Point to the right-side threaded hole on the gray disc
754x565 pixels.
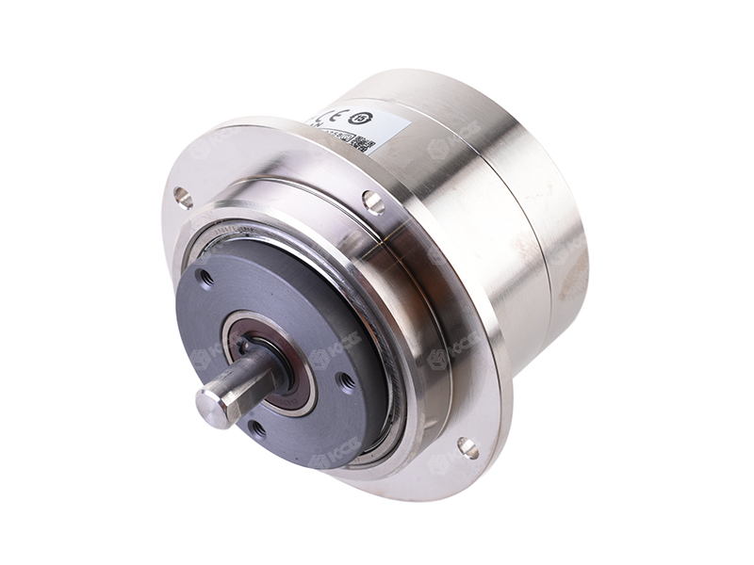[346, 380]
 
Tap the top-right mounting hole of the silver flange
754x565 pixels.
[373, 201]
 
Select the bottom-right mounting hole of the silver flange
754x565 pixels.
[467, 447]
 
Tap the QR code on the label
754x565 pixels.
[371, 146]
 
